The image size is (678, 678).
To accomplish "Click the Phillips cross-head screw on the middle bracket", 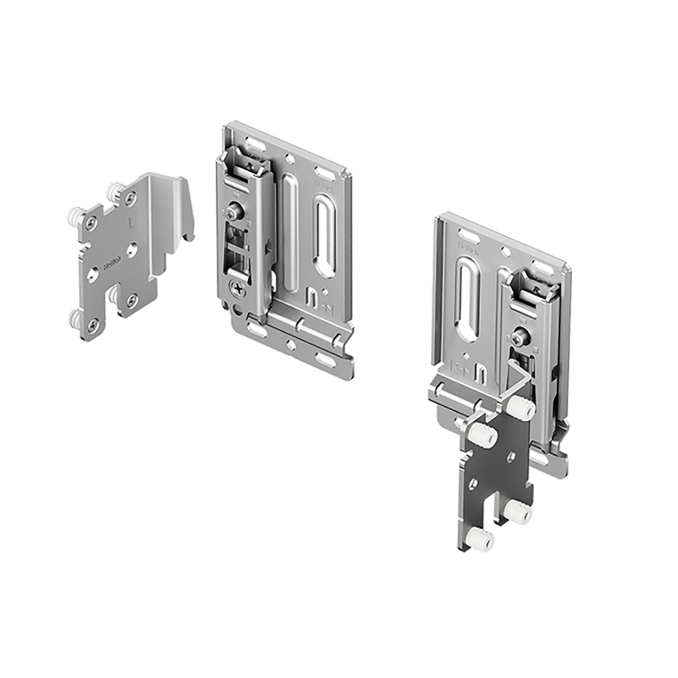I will (x=238, y=287).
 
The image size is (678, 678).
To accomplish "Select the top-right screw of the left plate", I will (x=131, y=196).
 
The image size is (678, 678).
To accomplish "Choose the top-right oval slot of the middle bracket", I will (x=325, y=172).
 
